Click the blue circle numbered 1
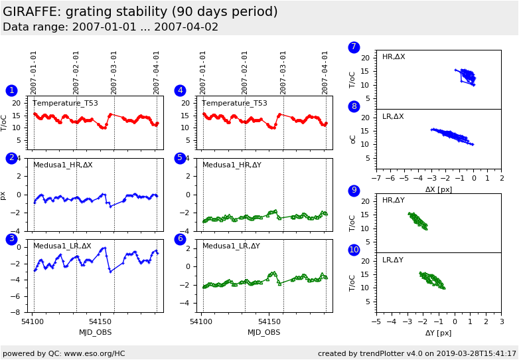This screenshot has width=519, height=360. [x=11, y=90]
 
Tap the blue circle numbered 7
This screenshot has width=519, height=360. [x=354, y=47]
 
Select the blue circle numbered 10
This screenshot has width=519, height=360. [x=354, y=250]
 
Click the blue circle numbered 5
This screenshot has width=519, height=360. [x=180, y=158]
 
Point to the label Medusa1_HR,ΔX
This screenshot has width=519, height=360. [x=63, y=165]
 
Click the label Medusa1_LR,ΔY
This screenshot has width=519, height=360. [x=231, y=246]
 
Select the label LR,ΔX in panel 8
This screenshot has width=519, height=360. [x=393, y=117]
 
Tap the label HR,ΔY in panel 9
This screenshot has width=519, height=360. [x=393, y=201]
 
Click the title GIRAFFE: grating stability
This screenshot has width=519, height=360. [x=140, y=12]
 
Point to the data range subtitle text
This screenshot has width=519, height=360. [x=110, y=27]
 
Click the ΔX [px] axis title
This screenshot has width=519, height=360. [x=438, y=189]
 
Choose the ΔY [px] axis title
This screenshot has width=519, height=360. [x=438, y=333]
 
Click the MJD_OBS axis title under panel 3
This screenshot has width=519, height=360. [x=95, y=332]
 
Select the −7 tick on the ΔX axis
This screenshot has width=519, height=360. [x=376, y=179]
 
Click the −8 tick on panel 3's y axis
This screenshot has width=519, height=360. [x=19, y=312]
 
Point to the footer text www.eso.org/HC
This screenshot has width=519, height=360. [x=92, y=353]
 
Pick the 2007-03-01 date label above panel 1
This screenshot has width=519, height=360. [x=114, y=72]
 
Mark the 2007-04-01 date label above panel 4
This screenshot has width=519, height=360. [x=325, y=72]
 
